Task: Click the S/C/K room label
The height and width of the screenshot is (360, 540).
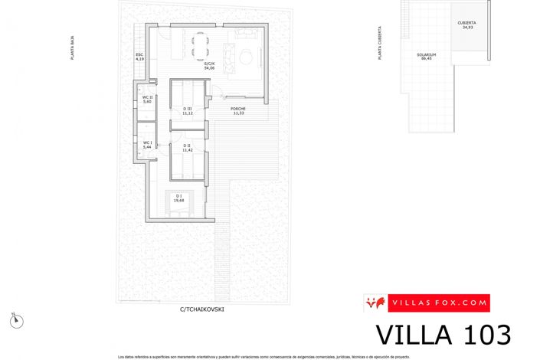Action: click(209, 64)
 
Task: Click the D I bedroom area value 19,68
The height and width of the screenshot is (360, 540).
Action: click(178, 201)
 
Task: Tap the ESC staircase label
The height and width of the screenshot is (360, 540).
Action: click(139, 56)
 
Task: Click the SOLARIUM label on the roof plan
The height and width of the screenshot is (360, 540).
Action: click(427, 56)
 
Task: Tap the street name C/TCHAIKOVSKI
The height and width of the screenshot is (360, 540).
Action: click(202, 310)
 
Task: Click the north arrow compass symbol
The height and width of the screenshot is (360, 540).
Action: click(21, 321)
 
